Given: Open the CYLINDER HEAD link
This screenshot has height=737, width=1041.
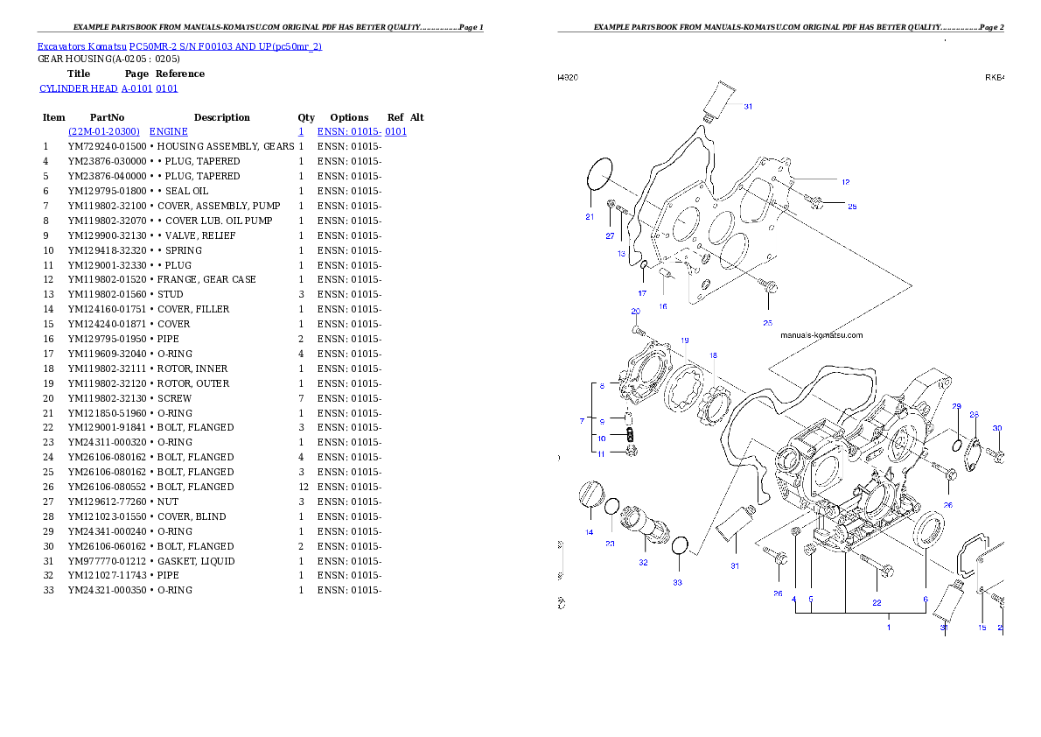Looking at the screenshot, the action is click(79, 88).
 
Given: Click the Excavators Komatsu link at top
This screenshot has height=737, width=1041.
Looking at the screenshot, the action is click(81, 46).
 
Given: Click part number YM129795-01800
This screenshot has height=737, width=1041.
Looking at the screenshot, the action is click(107, 191).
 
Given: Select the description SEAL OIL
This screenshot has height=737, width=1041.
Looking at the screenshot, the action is click(186, 191).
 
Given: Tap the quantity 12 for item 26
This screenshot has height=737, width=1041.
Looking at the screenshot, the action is click(304, 487).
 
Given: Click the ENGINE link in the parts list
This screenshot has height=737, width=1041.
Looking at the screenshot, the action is click(169, 131).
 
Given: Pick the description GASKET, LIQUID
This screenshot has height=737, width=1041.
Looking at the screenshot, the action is click(196, 561).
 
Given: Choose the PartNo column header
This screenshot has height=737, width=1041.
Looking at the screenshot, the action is click(107, 117).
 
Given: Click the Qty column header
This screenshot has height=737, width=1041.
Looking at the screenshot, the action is click(306, 117).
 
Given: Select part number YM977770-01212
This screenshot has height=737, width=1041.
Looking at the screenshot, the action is click(107, 561).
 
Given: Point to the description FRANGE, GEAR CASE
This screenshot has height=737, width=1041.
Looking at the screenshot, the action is click(206, 279).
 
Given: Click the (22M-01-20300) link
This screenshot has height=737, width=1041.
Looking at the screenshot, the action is click(104, 131).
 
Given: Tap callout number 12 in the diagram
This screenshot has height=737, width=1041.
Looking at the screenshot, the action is click(845, 181).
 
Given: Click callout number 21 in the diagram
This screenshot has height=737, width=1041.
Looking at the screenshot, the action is click(590, 217).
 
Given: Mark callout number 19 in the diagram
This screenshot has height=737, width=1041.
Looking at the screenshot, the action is click(684, 340).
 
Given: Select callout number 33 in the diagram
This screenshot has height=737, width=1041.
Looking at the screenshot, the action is click(677, 583).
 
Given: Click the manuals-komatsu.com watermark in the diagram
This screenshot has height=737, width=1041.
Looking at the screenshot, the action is click(821, 335).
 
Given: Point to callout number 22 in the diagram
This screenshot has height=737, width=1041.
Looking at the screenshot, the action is click(877, 603).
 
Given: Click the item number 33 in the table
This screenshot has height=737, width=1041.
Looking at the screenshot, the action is click(48, 590).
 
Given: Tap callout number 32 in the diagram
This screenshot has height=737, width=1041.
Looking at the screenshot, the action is click(643, 562).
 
